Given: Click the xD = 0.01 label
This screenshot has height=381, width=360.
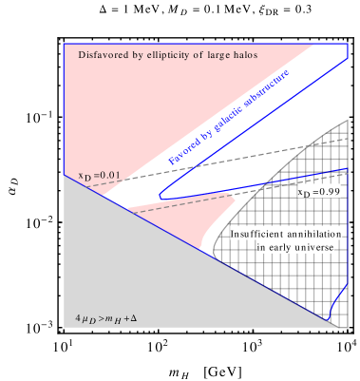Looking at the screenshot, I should tap(99, 175).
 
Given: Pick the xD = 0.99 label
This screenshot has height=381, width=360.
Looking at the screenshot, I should tap(319, 192).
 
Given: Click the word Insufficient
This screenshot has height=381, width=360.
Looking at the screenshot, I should tap(262, 234).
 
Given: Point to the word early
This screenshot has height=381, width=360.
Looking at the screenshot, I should tap(279, 248).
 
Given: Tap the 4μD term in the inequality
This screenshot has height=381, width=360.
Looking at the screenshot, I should tap(86, 314).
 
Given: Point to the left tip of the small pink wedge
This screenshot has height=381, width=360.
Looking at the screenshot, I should tap(129, 208).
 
